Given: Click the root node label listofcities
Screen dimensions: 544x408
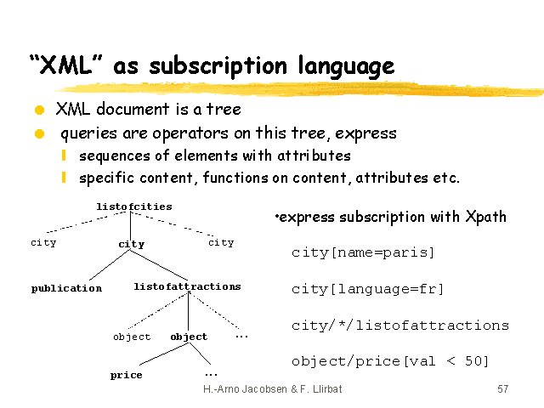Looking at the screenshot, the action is click(134, 207).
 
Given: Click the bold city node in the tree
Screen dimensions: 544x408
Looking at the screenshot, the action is click(131, 244).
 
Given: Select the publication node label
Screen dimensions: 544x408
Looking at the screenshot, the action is click(66, 288).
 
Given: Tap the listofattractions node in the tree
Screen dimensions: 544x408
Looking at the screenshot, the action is click(187, 286).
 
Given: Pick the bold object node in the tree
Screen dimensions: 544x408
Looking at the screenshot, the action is click(189, 337).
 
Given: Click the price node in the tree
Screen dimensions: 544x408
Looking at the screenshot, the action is click(127, 375).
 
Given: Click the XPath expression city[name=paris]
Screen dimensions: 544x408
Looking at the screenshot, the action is click(363, 252).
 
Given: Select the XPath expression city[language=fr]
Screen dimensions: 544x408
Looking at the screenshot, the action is click(367, 289).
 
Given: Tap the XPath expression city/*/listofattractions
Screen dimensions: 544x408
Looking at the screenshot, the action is click(400, 326).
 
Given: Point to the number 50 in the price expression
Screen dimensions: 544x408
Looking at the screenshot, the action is click(473, 361).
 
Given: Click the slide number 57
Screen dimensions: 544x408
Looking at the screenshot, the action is click(502, 389).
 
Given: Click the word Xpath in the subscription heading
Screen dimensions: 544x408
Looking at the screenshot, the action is click(485, 217).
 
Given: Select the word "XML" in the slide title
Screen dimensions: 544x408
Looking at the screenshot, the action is click(66, 65).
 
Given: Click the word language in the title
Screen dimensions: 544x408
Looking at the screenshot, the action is click(346, 66).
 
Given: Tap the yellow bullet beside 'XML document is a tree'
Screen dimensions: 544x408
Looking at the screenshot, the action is click(40, 110).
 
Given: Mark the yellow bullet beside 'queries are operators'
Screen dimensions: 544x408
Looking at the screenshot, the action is click(40, 133).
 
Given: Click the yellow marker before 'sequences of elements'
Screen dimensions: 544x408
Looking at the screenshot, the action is click(64, 156).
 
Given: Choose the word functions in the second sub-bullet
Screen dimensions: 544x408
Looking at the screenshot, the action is click(235, 178).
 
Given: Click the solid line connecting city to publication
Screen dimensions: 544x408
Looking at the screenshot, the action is click(110, 265).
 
